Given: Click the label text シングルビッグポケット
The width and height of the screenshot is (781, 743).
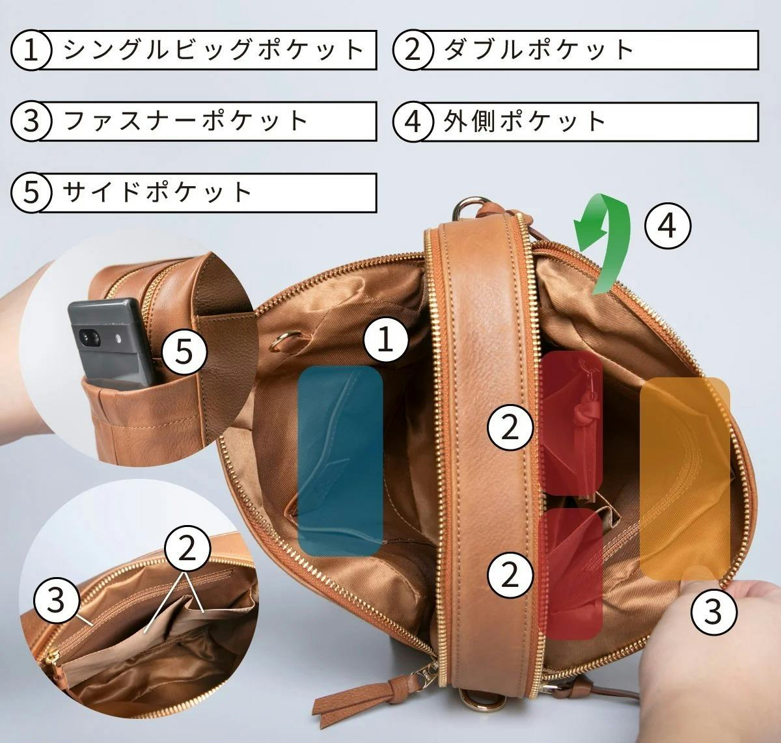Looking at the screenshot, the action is coord(213,50).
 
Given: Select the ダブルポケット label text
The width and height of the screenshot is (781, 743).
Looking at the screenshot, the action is coord(539,50).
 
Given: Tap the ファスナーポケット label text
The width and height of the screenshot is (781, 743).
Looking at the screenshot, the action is coord(185,121).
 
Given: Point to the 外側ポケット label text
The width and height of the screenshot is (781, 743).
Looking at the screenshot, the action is coord(525,121).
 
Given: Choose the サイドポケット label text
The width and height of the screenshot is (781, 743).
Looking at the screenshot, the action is coord(157,192).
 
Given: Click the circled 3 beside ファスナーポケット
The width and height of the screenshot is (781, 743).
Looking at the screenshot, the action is coord(31,121).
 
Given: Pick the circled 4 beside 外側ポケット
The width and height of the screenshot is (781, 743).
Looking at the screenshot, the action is coord(413,121).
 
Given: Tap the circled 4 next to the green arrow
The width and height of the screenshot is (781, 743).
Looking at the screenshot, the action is coord(667,226).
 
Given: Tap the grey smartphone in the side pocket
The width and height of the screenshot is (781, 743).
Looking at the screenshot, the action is coord(111,344).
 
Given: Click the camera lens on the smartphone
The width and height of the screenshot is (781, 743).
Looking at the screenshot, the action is coord(89,337).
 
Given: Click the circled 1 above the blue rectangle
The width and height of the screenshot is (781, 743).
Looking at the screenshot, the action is coord(385,339).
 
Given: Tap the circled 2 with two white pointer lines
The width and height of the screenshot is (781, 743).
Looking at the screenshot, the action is coord(187,548).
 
